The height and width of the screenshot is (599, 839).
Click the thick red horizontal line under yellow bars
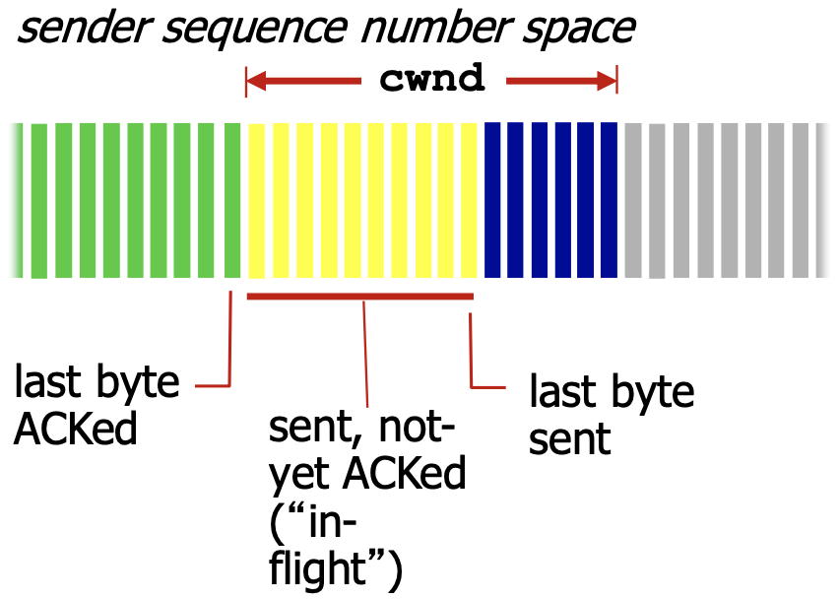360,296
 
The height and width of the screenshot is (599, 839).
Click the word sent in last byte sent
570,437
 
